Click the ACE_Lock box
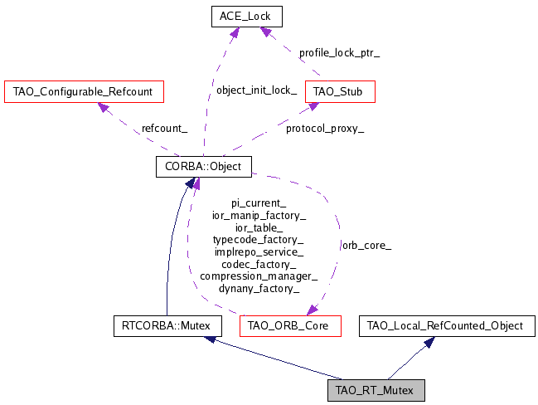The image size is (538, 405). point(246,16)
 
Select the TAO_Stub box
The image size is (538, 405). point(340,90)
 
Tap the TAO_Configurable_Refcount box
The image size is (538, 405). point(84,90)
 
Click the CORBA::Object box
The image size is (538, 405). point(203,167)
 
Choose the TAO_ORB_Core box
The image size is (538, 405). point(288,326)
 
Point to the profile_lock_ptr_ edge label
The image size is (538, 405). point(339,51)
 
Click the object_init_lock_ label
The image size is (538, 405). point(256,90)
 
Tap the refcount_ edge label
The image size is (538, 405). point(164,129)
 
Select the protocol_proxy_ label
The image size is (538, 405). point(325,129)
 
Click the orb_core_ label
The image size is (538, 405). point(366,246)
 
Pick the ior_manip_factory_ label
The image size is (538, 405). point(259,216)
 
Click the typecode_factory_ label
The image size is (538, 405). point(259,240)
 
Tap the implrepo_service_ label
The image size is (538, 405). point(259,251)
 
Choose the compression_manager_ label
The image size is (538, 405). point(259,276)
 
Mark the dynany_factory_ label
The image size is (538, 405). point(259,289)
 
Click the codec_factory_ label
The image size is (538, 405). point(259,264)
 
